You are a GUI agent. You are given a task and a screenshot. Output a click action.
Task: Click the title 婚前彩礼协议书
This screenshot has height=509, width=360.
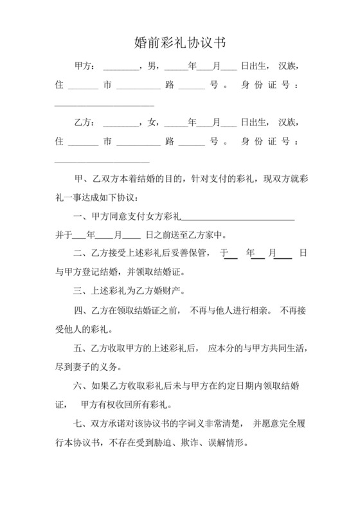pyautogui.click(x=179, y=43)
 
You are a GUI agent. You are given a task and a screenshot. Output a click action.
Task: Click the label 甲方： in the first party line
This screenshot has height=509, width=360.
pyautogui.click(x=86, y=66)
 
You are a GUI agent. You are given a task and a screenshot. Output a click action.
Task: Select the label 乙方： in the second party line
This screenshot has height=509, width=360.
pyautogui.click(x=86, y=122)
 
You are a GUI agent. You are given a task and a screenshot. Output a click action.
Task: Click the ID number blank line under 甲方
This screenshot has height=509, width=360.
pyautogui.click(x=104, y=104)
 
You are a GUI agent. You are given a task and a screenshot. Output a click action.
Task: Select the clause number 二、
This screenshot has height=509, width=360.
pyautogui.click(x=82, y=253)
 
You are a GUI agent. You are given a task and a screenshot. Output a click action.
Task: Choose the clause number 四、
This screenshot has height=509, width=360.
pyautogui.click(x=82, y=312)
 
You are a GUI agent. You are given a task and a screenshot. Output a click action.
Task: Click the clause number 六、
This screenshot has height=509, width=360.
pyautogui.click(x=82, y=387)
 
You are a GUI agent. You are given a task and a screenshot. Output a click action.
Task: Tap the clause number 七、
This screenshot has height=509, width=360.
pyautogui.click(x=82, y=424)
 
